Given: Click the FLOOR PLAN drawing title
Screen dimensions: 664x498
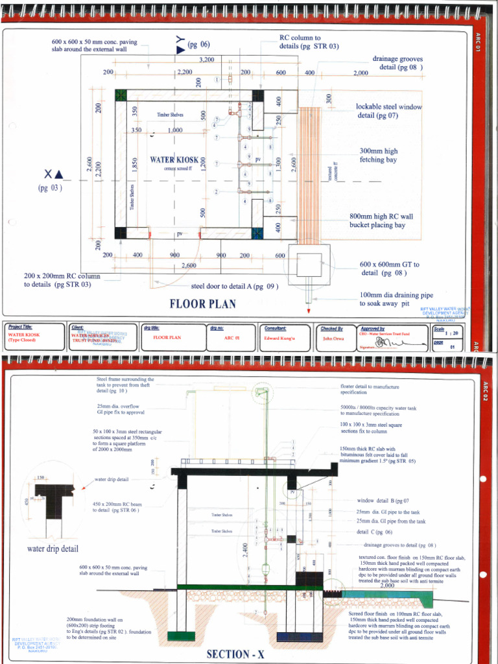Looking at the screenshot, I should click(x=202, y=303).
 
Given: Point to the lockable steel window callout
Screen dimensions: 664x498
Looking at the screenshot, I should click(x=388, y=111).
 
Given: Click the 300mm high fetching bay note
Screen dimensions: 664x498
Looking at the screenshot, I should click(x=379, y=156).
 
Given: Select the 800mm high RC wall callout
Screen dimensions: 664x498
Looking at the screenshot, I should click(x=381, y=221).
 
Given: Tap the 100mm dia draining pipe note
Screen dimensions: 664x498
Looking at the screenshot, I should click(x=396, y=299).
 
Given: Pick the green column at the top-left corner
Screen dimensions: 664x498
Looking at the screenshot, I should click(x=120, y=95).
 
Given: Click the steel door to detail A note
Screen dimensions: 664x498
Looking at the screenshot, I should click(x=235, y=286).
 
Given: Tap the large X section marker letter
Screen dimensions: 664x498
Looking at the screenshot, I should click(x=49, y=174).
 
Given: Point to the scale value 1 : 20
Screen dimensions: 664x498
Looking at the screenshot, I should click(x=445, y=333).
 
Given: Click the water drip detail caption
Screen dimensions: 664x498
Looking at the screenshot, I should click(x=53, y=549).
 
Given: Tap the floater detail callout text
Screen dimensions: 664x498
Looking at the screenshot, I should click(x=370, y=390).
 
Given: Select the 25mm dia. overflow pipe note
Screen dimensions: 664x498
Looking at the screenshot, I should click(x=121, y=409).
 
